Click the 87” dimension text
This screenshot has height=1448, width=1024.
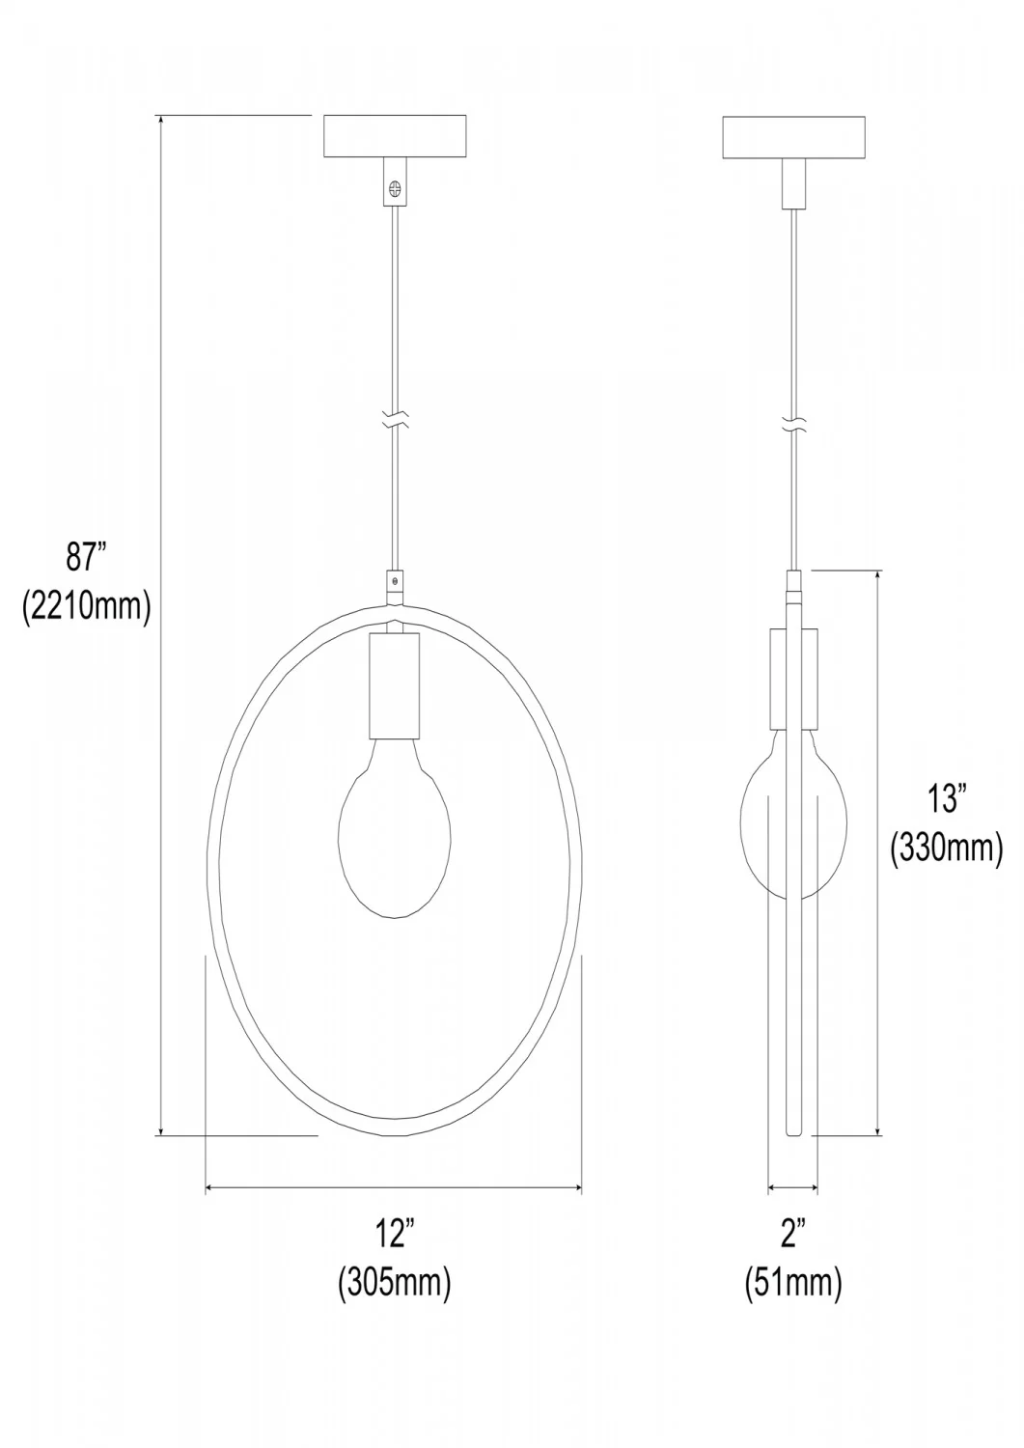[85, 557]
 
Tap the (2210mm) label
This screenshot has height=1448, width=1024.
[86, 606]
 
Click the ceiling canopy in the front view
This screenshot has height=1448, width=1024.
[395, 136]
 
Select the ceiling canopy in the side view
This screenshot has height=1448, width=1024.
[794, 136]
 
